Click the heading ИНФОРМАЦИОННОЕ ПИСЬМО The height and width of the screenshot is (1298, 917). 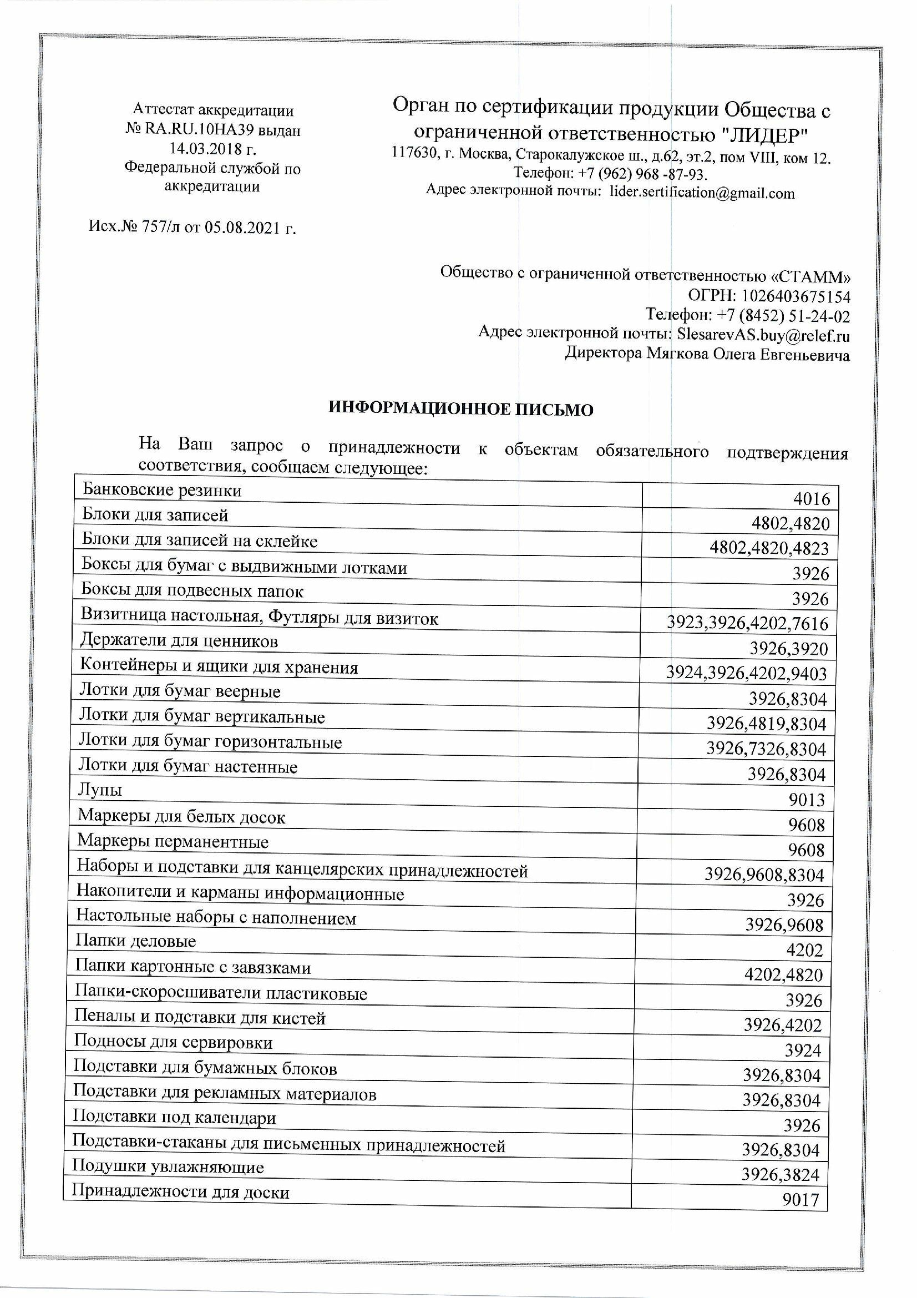click(461, 410)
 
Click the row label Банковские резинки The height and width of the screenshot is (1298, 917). click(161, 490)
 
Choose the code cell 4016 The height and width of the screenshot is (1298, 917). click(812, 499)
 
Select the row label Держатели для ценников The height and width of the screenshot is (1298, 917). click(179, 641)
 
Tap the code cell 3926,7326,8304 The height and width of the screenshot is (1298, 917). click(766, 749)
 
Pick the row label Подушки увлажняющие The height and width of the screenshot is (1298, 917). click(169, 1166)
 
